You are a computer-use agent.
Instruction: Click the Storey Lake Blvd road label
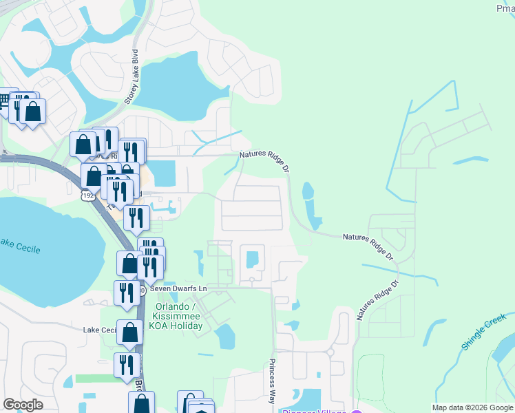tap(132, 77)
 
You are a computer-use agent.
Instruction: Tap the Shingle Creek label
tap(484, 332)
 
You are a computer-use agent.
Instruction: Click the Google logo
tap(23, 405)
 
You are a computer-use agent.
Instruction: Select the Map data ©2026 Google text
tap(472, 407)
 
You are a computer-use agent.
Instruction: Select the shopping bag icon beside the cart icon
tap(32, 111)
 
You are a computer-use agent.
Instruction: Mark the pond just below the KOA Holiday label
tap(224, 337)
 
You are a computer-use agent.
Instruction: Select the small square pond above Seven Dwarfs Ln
tap(252, 259)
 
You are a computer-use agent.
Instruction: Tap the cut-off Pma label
tap(505, 8)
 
